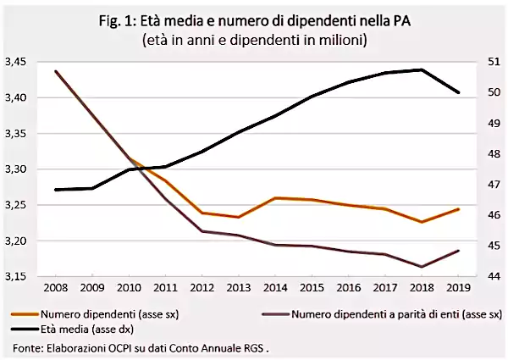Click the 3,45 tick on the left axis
click(x=18, y=62)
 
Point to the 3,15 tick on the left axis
click(x=18, y=276)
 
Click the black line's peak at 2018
click(x=422, y=69)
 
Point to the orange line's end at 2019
click(x=459, y=208)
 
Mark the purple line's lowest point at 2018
click(x=422, y=267)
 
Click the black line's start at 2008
click(x=56, y=190)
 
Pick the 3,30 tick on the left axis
click(x=18, y=169)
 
